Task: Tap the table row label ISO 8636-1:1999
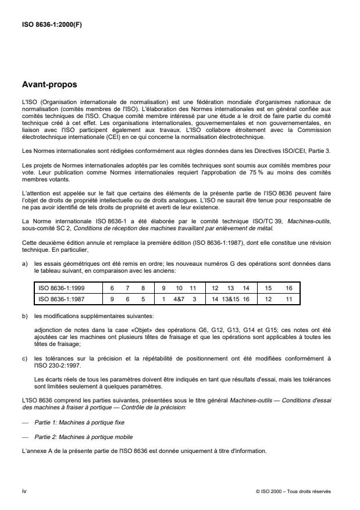click(62, 287)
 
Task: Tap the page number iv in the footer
click(24, 491)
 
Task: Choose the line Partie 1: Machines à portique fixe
click(79, 422)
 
